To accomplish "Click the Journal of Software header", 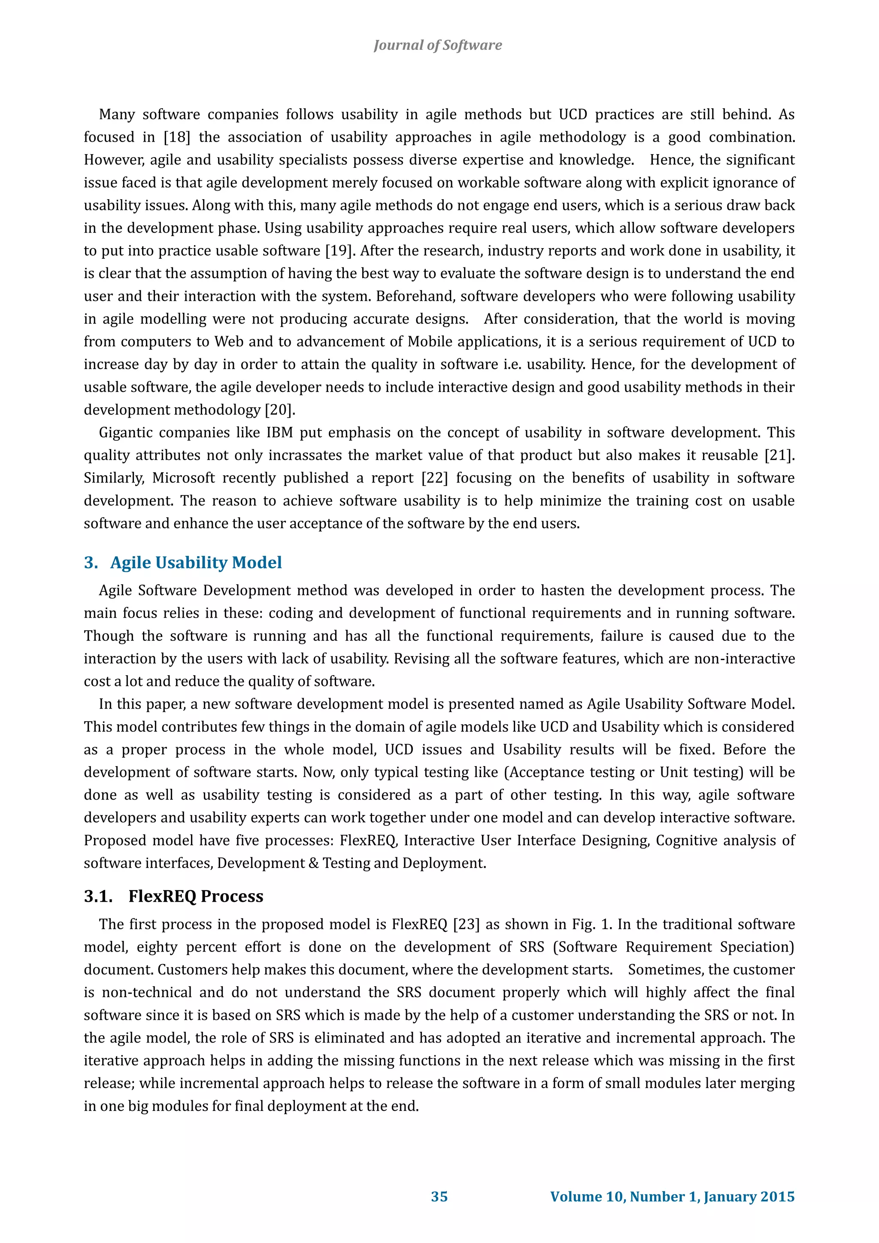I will tap(437, 45).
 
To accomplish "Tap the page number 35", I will tap(439, 1197).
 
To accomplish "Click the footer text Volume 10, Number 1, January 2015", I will tap(672, 1197).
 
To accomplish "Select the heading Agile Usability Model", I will tap(196, 563).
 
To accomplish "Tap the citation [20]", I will tap(279, 410).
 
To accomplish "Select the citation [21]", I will tap(779, 455).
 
